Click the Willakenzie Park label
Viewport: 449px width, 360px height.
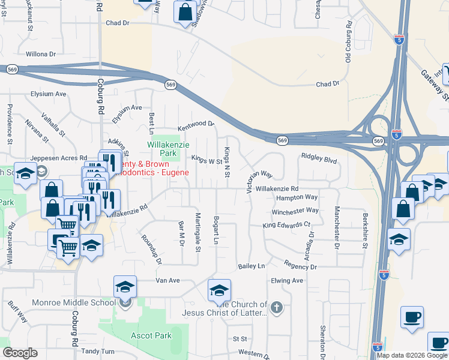click(x=162, y=149)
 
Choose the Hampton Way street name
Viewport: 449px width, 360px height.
click(x=297, y=197)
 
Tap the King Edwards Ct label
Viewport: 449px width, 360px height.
click(x=286, y=225)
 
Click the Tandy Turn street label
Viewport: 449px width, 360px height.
click(x=98, y=352)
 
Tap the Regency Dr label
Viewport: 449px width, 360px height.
click(x=300, y=266)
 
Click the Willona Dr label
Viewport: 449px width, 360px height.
click(x=40, y=53)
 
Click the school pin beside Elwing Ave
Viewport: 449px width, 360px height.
click(x=220, y=290)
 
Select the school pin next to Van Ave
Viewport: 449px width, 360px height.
click(x=124, y=286)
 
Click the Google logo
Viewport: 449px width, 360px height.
click(x=20, y=353)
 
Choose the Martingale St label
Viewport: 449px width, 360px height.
click(x=197, y=232)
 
